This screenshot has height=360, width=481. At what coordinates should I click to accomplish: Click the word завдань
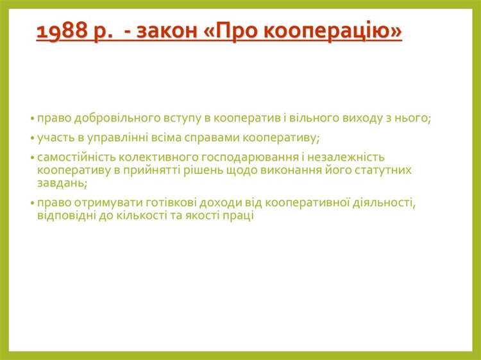click(x=61, y=183)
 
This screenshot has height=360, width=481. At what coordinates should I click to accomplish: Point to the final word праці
click(x=240, y=216)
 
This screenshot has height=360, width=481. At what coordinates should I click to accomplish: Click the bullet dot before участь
click(x=32, y=139)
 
